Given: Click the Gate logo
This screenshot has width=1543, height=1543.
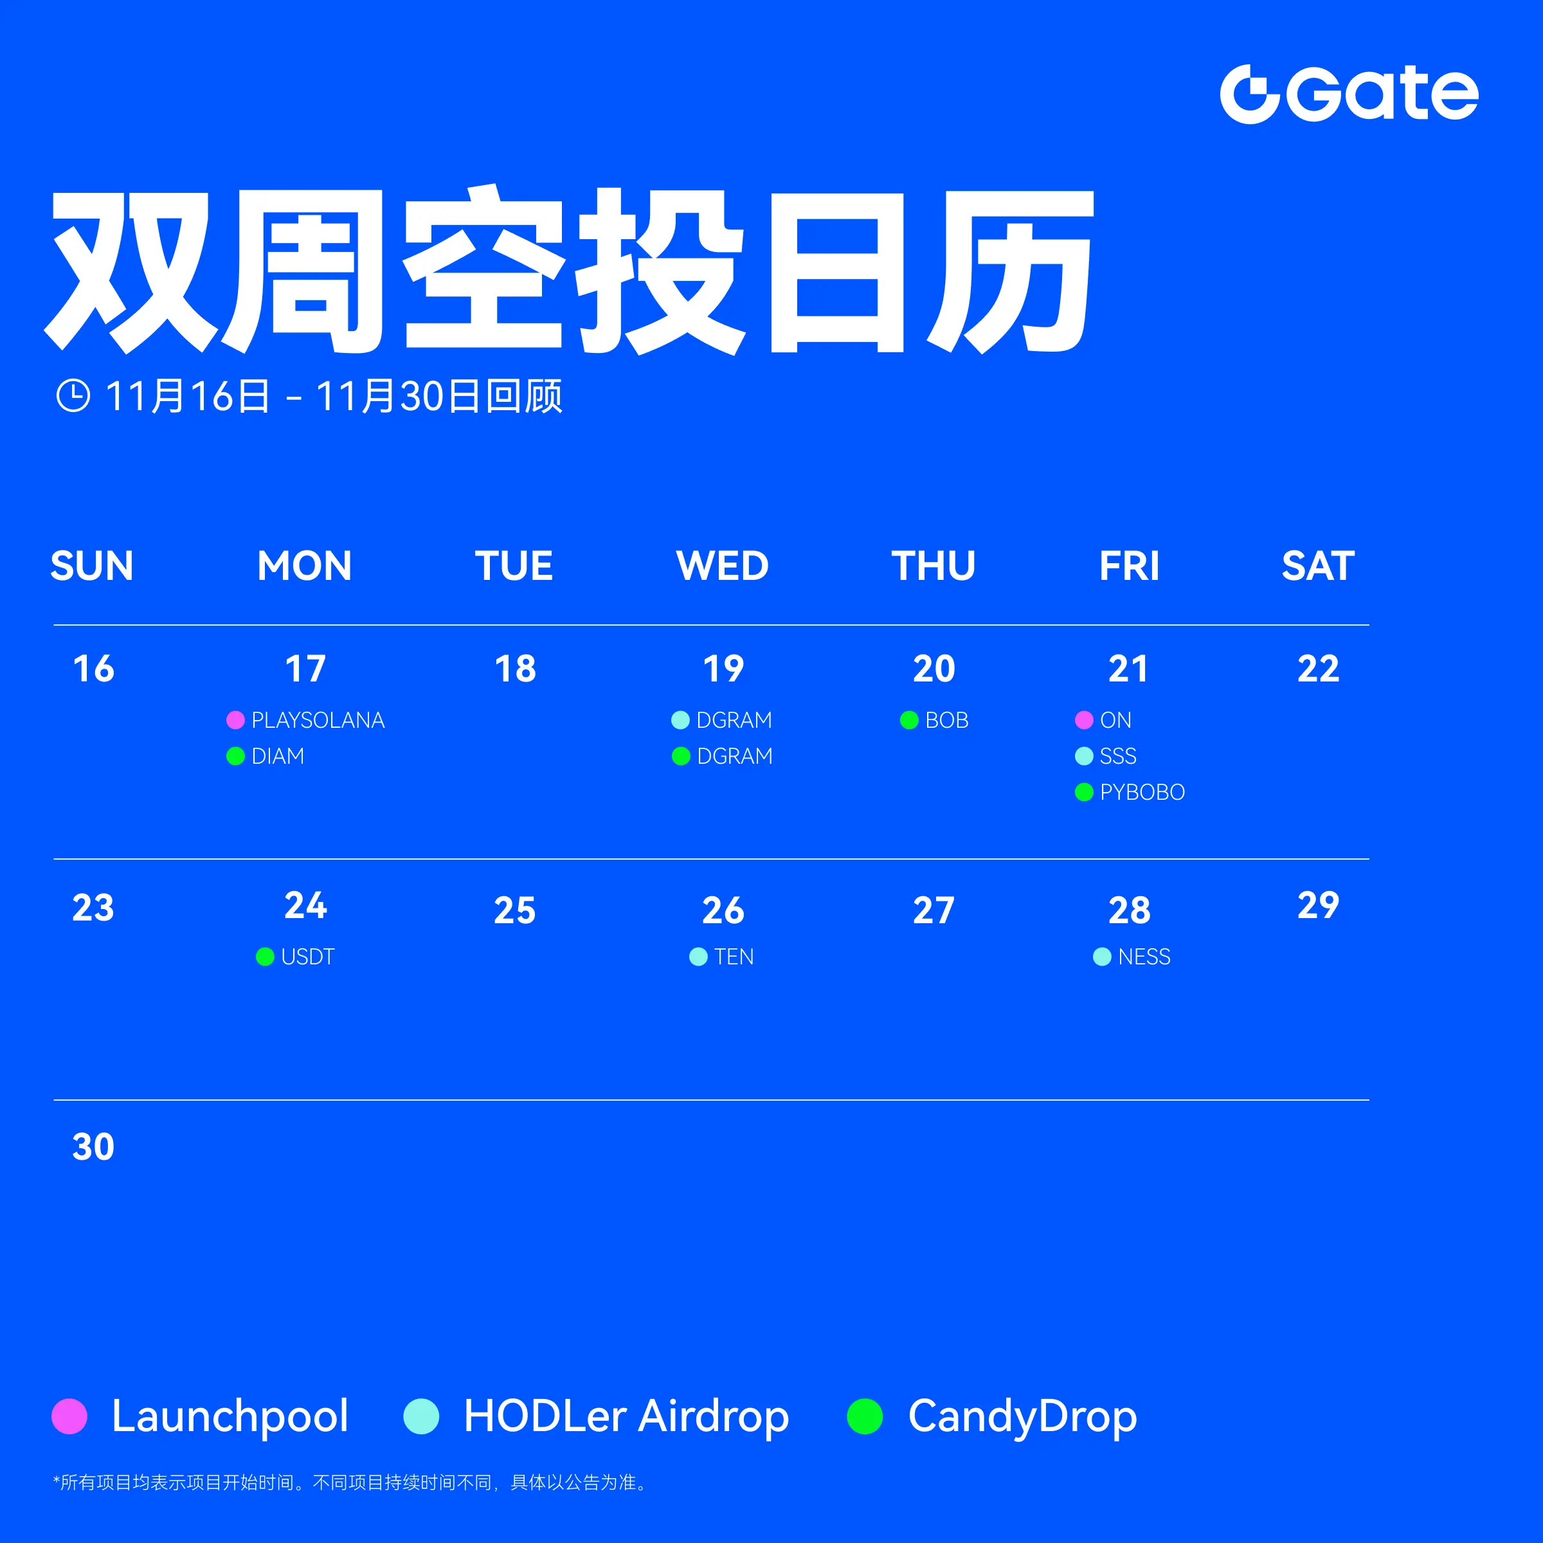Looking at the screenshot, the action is pos(1349,95).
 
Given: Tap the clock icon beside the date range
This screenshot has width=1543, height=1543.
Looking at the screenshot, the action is pos(73,395).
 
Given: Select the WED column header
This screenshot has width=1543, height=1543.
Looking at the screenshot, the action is pos(722,566).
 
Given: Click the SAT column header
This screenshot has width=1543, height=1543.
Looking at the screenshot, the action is pos(1318,566).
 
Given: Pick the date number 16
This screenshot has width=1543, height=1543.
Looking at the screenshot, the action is pos(93,669).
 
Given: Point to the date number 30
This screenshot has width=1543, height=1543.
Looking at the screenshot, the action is pos(93,1146).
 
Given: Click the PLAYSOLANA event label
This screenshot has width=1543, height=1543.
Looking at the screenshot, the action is pos(318,720).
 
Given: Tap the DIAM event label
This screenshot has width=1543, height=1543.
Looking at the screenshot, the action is pos(278,755).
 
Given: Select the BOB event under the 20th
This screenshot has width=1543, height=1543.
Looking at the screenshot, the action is pos(946,720).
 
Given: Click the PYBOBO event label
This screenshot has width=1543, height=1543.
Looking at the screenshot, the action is pos(1142,792).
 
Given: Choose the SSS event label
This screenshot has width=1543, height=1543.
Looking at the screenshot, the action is pos(1118,755).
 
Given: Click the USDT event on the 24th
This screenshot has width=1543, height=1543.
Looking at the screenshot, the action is pos(307,957).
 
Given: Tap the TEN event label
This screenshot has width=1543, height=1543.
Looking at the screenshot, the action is pos(734,957).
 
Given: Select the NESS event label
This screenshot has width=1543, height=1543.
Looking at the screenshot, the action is pos(1144,957).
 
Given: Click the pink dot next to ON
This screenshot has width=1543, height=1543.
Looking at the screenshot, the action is pos(1084,720).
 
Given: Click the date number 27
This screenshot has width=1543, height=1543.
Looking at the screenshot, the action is pos(934,910).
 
